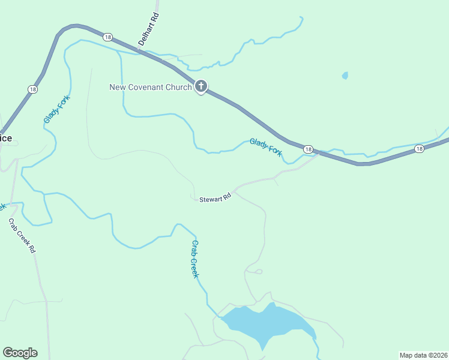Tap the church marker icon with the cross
201,87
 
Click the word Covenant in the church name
150,87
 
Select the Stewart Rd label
215,197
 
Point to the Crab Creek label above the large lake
195,259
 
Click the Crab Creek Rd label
22,235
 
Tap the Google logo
20,353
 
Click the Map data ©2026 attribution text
423,355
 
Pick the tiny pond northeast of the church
345,76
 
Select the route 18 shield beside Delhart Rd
107,37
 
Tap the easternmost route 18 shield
419,148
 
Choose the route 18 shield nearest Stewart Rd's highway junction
308,149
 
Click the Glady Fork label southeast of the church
266,147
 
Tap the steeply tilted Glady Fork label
57,110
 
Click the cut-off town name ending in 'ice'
5,138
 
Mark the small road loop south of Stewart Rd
258,272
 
